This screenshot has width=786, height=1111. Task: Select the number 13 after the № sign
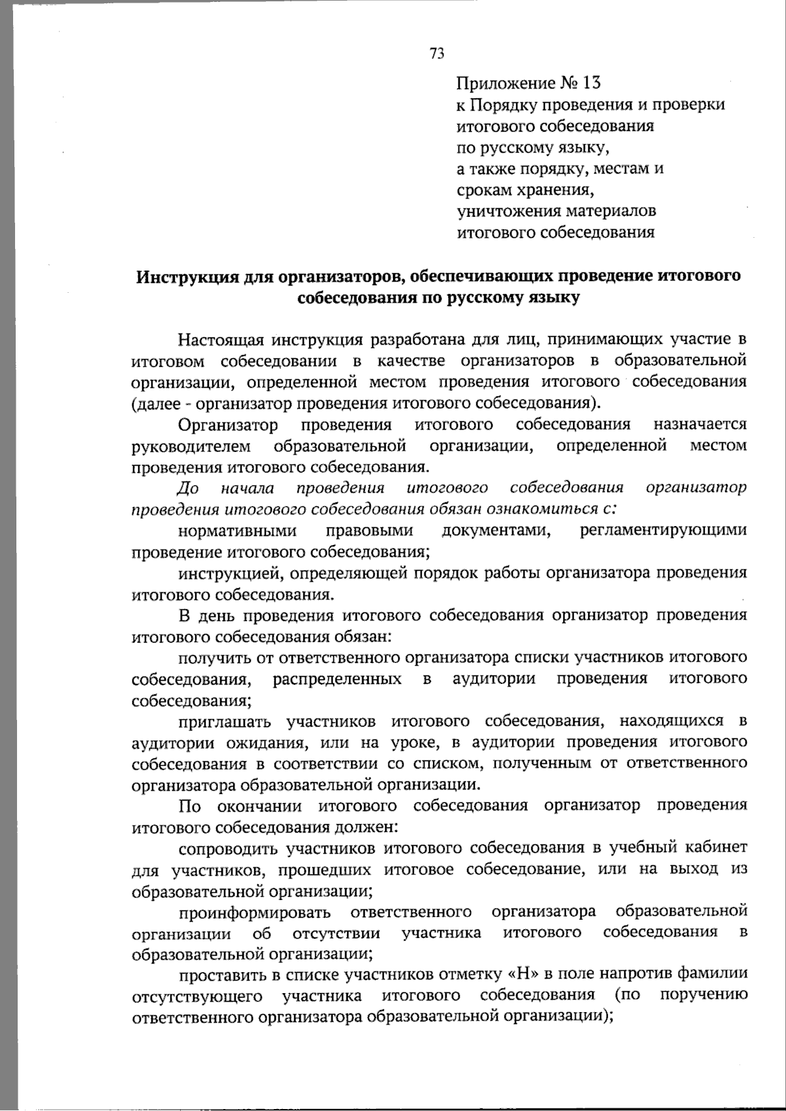(x=590, y=84)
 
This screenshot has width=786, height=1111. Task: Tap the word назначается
(x=700, y=425)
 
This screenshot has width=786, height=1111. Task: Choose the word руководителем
(x=191, y=447)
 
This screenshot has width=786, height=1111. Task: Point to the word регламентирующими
(x=663, y=531)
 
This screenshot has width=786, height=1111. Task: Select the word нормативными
(x=238, y=531)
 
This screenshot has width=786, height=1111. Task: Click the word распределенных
(x=337, y=679)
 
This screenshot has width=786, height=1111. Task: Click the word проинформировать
(x=255, y=913)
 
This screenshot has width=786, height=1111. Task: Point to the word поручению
(x=703, y=996)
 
